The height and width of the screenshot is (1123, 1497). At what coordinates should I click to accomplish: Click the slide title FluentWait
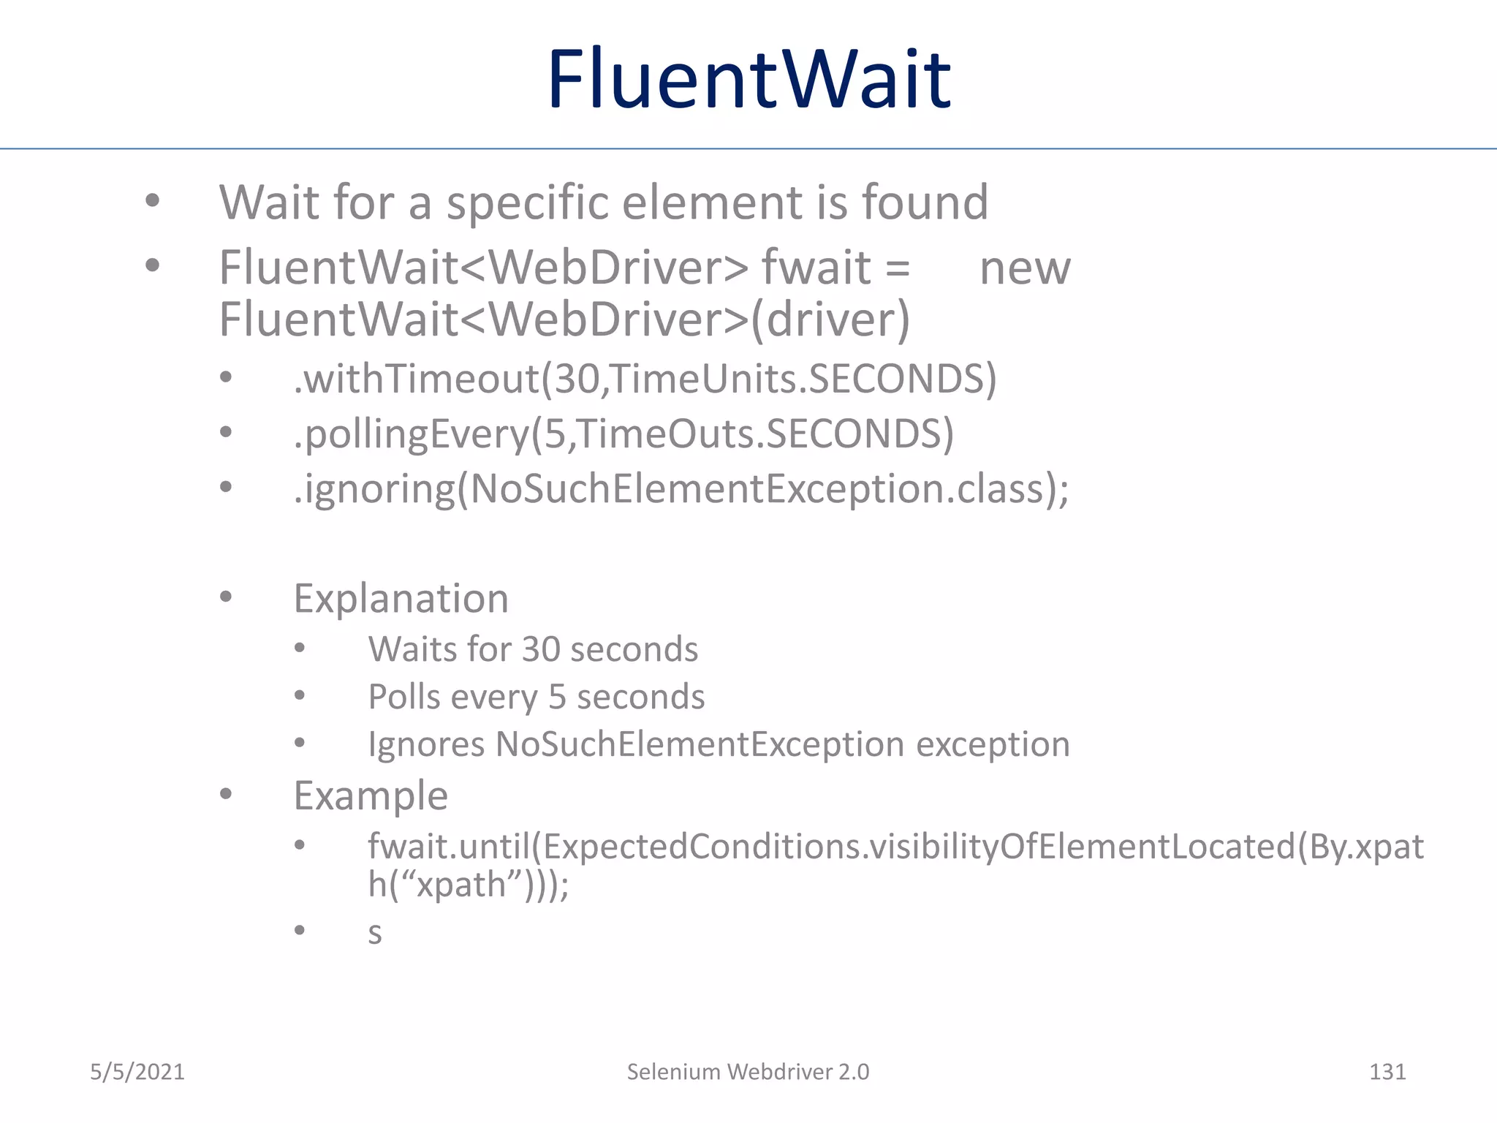(x=748, y=79)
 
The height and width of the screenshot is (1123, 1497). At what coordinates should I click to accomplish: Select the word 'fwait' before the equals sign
(x=816, y=268)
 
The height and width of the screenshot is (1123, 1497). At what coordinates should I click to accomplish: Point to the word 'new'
(x=1025, y=268)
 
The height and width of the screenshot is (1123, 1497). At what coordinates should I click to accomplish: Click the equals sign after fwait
(x=898, y=268)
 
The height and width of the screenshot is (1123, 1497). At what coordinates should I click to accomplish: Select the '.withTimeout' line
(x=645, y=379)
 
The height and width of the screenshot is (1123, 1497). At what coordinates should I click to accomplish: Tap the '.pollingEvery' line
(x=624, y=434)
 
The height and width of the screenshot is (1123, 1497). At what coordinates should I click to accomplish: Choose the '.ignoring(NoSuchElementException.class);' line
(x=681, y=488)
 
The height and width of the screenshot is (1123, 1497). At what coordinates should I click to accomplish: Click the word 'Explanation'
(x=401, y=599)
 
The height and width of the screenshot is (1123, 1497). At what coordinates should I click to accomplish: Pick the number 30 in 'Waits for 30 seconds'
(x=541, y=649)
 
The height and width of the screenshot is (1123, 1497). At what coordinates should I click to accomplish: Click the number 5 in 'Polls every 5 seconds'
(x=557, y=697)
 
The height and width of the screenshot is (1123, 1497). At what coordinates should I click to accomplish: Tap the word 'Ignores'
(x=426, y=744)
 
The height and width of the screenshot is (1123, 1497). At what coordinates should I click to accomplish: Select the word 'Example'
(x=371, y=795)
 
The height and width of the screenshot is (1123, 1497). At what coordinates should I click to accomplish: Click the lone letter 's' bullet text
(x=375, y=934)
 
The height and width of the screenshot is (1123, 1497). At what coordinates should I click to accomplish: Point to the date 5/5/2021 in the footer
(x=137, y=1072)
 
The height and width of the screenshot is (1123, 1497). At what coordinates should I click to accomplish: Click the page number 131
(x=1387, y=1072)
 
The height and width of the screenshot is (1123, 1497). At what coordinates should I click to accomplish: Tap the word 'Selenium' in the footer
(x=673, y=1072)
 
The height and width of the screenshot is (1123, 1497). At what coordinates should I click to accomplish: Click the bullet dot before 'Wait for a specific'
(x=152, y=200)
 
